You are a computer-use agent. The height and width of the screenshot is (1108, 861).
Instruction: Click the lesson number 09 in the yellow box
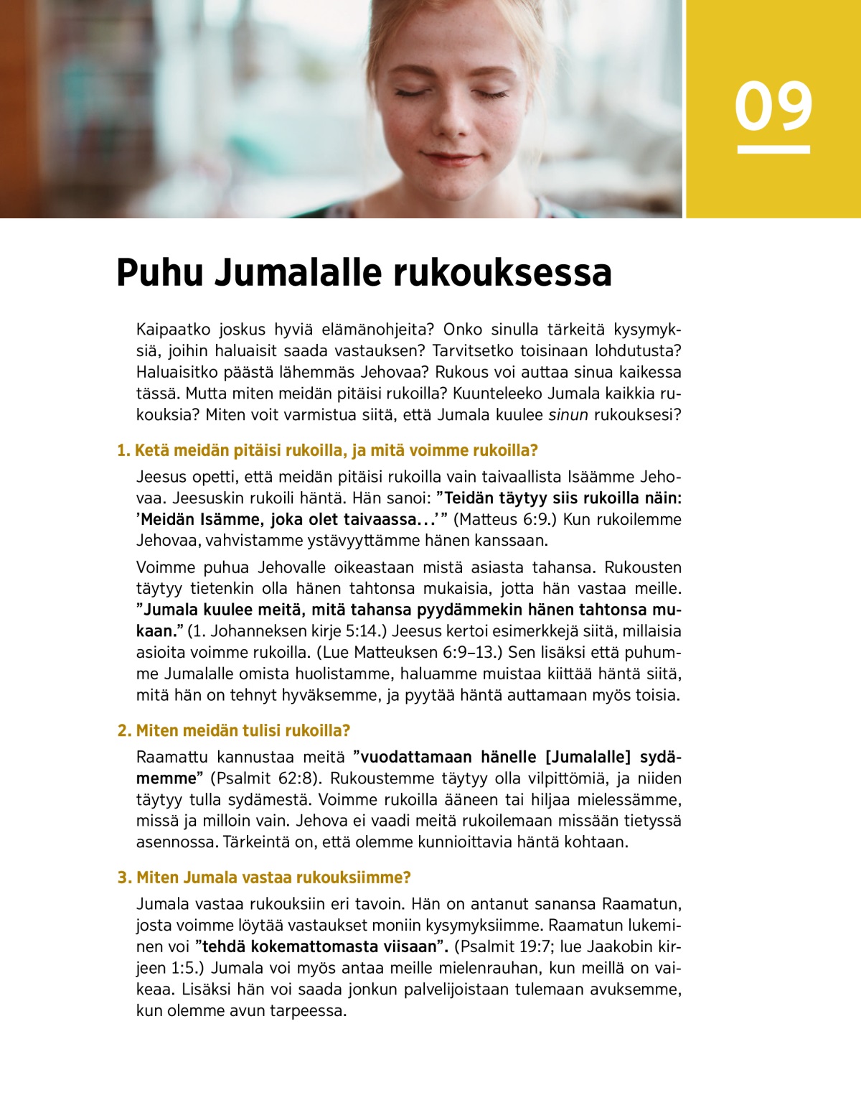pyautogui.click(x=773, y=106)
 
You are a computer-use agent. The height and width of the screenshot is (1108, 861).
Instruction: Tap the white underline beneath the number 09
pyautogui.click(x=773, y=149)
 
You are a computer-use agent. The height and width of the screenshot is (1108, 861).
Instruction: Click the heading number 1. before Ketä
pyautogui.click(x=123, y=451)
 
